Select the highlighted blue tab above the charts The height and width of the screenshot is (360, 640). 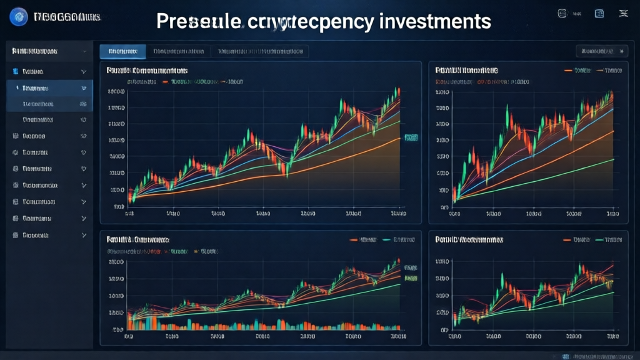[x=122, y=51]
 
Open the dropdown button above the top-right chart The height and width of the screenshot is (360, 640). [x=601, y=51]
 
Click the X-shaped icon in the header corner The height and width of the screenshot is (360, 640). [x=623, y=14]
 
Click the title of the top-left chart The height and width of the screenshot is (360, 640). [x=147, y=71]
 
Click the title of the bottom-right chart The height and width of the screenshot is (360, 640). [x=469, y=239]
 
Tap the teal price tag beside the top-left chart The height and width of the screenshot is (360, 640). [x=411, y=136]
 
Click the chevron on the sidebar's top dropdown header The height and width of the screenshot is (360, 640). [x=84, y=51]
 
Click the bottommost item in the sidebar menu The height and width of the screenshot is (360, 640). [x=35, y=236]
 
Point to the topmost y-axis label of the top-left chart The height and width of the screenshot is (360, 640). [x=116, y=92]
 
